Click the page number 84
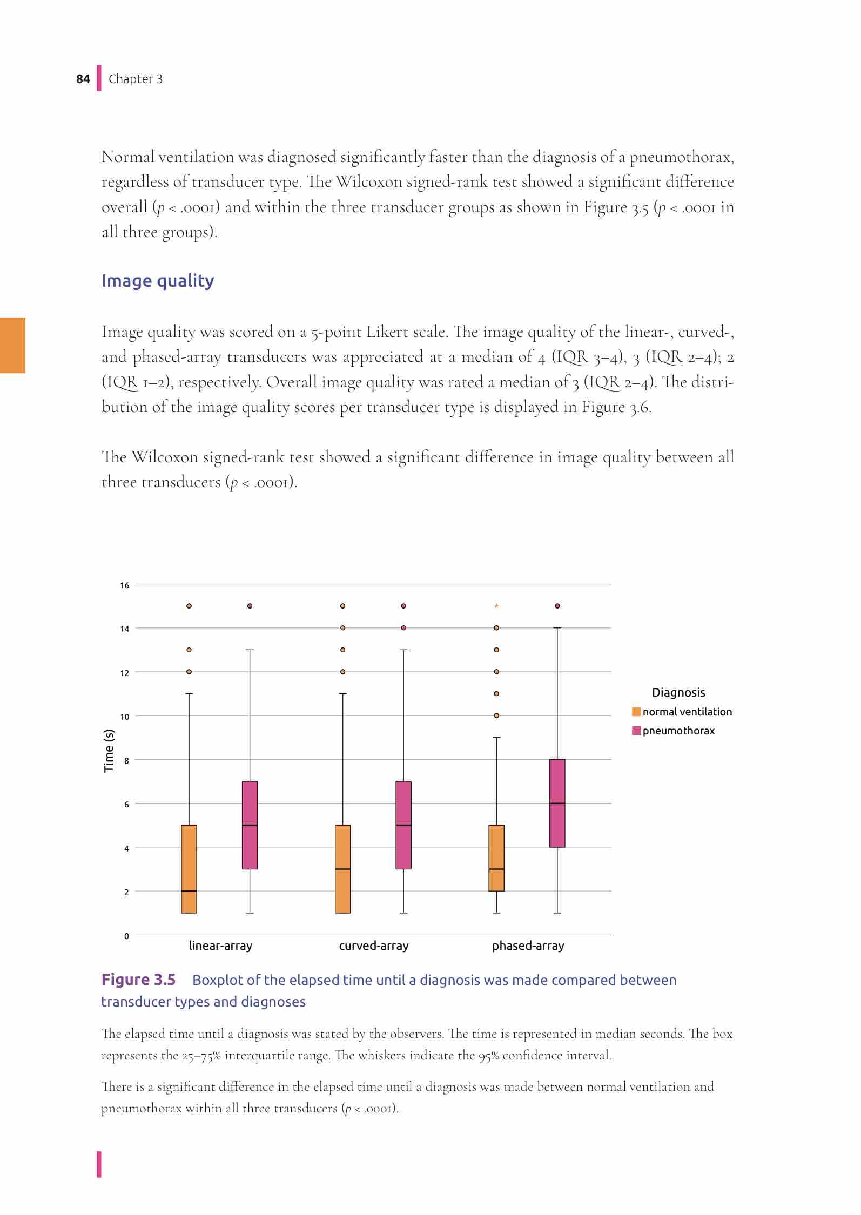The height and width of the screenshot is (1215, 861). coord(83,79)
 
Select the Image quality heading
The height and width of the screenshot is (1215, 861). coord(158,281)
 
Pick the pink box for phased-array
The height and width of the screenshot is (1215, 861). coord(557,803)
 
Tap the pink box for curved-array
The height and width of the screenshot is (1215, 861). coord(403,825)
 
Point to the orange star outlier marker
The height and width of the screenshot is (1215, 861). coord(496,606)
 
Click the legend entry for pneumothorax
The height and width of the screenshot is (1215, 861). coord(678,731)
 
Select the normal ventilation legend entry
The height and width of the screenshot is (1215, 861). coord(687,712)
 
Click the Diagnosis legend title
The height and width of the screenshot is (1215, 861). coord(678,692)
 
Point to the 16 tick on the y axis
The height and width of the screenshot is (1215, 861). coord(125,585)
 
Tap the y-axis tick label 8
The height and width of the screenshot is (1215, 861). coord(126,761)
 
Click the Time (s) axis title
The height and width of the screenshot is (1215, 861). coord(109,750)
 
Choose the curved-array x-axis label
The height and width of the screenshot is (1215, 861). coord(374,946)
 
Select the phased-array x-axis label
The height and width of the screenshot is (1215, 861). coord(528,946)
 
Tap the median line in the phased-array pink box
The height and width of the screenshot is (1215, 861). coord(557,804)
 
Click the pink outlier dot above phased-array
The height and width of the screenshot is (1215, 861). coord(557,606)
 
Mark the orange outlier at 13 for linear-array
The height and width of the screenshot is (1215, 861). coord(189,650)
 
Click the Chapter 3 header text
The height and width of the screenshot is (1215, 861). coord(136,79)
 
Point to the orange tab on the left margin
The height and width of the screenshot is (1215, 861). coord(12,346)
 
